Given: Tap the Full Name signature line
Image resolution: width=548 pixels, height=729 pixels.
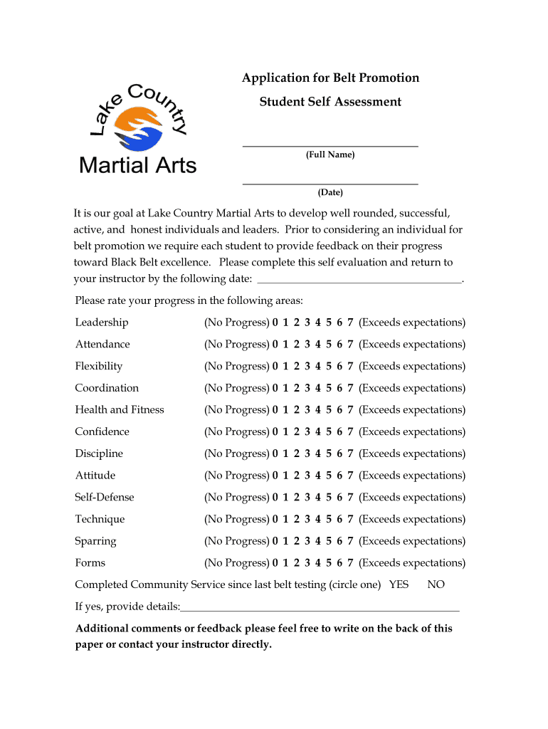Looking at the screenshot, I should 330,145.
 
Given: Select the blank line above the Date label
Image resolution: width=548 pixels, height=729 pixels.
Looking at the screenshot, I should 330,183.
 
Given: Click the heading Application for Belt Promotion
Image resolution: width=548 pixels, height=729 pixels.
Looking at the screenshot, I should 330,78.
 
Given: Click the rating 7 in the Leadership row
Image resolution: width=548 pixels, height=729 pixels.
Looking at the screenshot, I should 350,322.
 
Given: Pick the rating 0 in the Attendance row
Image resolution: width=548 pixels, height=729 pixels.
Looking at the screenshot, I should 275,345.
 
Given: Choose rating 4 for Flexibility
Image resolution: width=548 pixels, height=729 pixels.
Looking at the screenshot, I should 318,367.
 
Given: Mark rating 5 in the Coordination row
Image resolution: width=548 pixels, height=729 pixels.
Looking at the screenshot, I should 329,388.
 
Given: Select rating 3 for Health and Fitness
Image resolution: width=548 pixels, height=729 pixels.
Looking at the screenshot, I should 307,410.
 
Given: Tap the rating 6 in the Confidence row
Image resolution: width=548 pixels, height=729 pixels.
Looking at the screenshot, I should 339,432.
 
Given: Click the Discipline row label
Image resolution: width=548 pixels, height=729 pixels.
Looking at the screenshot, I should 99,453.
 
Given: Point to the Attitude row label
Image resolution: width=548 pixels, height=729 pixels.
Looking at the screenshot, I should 95,476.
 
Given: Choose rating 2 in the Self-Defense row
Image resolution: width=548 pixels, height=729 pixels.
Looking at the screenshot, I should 297,498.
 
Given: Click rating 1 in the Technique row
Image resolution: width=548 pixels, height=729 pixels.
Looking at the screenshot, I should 285,520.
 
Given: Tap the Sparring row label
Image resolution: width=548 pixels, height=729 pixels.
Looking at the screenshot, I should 95,541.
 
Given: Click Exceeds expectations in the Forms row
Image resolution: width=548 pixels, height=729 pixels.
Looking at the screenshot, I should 412,563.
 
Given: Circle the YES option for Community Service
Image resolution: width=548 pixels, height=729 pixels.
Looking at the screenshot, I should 399,584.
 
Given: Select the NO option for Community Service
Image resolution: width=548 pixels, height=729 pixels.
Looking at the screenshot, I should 436,584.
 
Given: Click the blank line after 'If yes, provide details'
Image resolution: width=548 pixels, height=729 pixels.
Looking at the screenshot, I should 320,609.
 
